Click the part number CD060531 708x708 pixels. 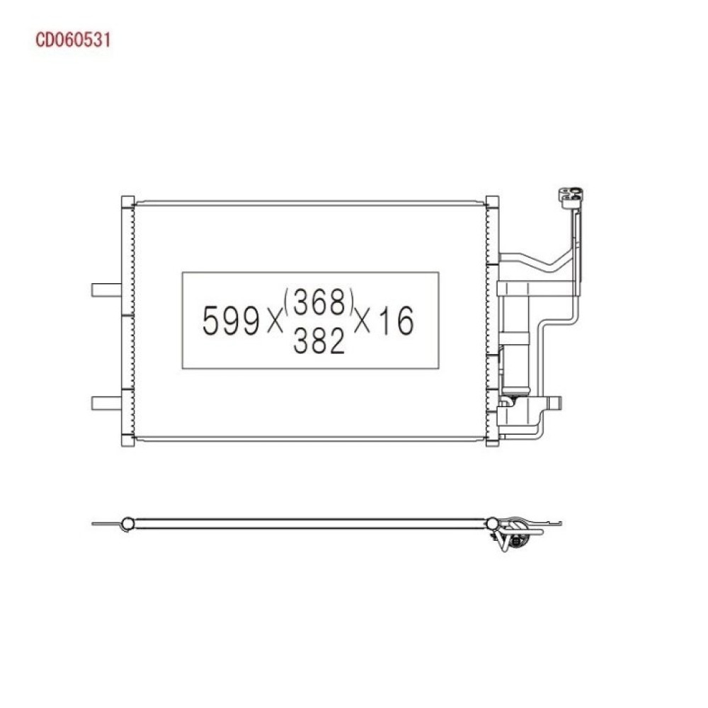[x=73, y=40]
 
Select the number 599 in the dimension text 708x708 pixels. [x=231, y=321]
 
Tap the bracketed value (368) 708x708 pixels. [x=319, y=302]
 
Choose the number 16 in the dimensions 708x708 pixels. [x=396, y=321]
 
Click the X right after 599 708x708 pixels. [x=274, y=322]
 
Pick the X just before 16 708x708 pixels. [x=362, y=322]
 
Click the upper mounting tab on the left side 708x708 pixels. [x=107, y=290]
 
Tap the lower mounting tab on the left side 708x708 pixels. [x=107, y=404]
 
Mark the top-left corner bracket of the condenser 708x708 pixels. [x=127, y=202]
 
